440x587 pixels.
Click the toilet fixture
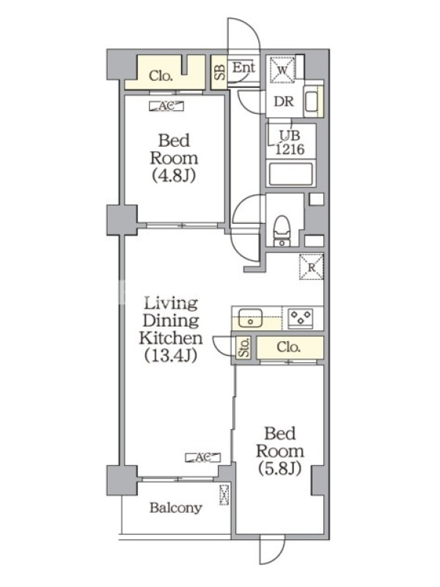coord(282,231)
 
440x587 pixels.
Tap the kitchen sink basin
coord(251,317)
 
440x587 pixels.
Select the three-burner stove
coord(301,318)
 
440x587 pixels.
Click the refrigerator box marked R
coord(311,266)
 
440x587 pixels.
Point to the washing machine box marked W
coord(282,69)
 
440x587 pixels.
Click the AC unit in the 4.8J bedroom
coord(166,106)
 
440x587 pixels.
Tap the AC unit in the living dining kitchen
coord(203,457)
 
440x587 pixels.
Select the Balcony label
coord(176,508)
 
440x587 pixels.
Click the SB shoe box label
coord(219,72)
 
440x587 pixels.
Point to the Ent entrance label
coord(244,68)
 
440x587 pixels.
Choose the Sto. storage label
coord(243,347)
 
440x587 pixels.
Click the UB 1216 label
coord(290,142)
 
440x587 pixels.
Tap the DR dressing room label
coord(284,101)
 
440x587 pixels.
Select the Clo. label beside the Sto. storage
coord(288,347)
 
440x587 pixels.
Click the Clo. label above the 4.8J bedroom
coord(161,76)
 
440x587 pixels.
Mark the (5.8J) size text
coord(279,469)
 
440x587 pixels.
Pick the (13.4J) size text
coord(171,355)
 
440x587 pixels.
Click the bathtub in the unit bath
coord(290,174)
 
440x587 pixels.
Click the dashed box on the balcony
coord(224,495)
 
